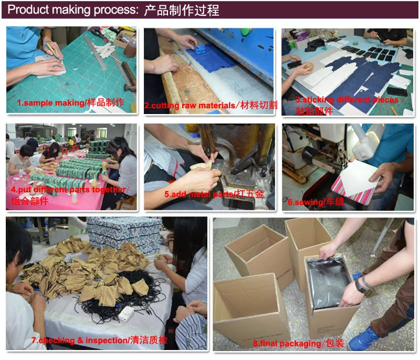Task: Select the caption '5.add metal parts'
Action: [198, 194]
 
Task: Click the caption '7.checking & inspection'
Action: [79, 341]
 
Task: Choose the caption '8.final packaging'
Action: [287, 343]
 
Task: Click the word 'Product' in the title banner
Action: [28, 9]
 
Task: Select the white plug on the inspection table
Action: [125, 313]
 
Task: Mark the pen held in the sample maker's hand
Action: [51, 51]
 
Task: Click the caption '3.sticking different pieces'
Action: [347, 100]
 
